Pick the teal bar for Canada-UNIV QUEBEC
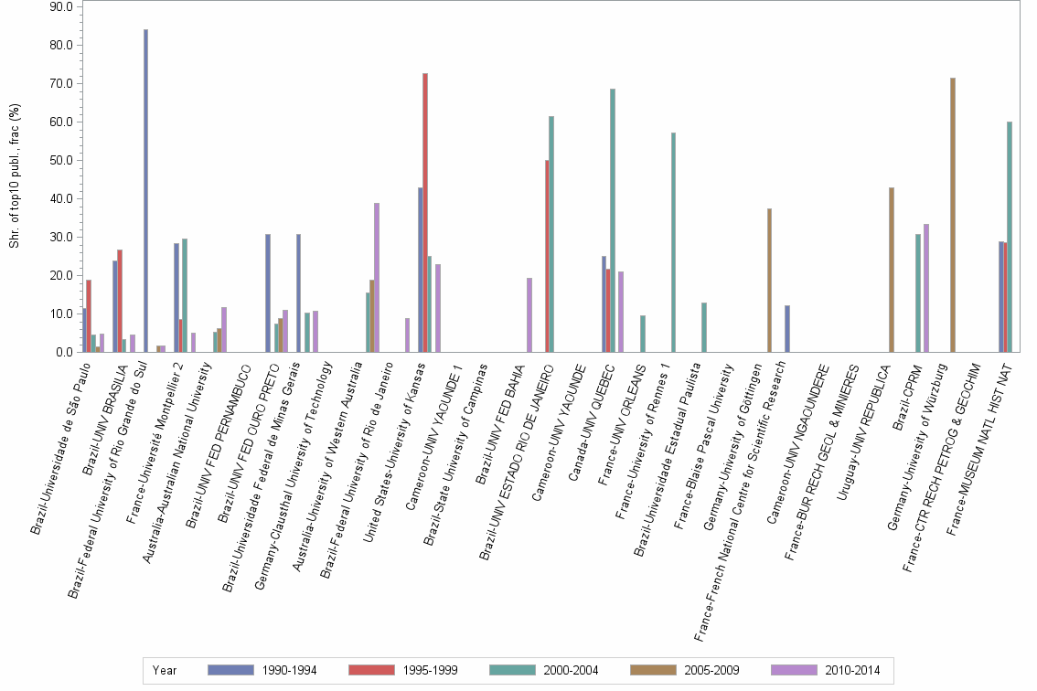pyautogui.click(x=613, y=220)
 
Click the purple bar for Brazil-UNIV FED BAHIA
pyautogui.click(x=529, y=314)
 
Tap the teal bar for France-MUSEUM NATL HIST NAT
pyautogui.click(x=1010, y=237)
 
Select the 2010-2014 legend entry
pyautogui.click(x=825, y=671)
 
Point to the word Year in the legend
pyautogui.click(x=165, y=671)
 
